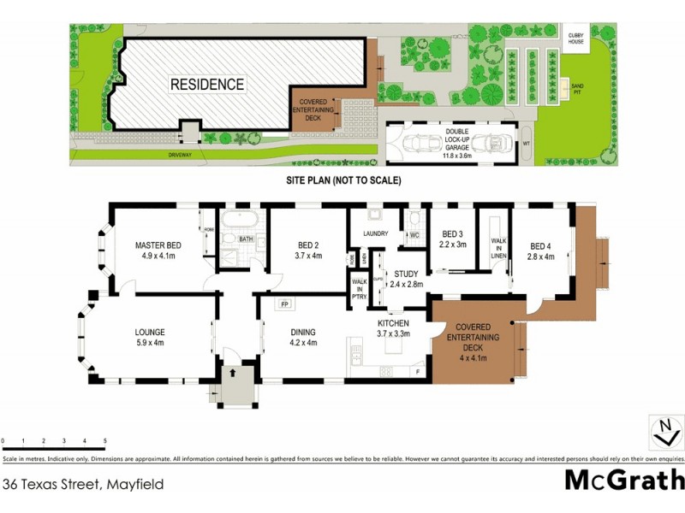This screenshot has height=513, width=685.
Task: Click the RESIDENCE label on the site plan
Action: (x=206, y=85)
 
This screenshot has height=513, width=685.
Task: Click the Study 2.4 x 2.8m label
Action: (x=407, y=280)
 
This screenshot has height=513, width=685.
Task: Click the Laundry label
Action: (x=377, y=233)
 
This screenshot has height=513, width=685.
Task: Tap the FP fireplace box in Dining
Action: (x=283, y=304)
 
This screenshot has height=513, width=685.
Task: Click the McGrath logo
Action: (x=624, y=479)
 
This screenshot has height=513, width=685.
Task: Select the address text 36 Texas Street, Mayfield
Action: (x=83, y=484)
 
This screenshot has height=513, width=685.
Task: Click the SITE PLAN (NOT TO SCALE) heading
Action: (x=343, y=181)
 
